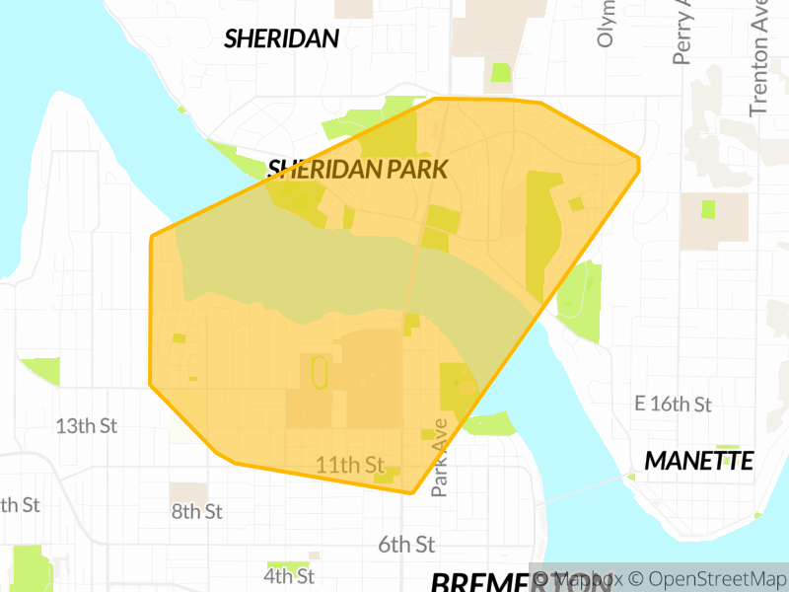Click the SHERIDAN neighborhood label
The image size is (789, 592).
click(282, 39)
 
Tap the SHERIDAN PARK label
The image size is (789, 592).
click(358, 169)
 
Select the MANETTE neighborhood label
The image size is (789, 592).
click(699, 461)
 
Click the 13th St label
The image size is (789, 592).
click(87, 426)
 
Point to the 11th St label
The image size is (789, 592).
click(350, 464)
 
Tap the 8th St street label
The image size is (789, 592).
click(197, 511)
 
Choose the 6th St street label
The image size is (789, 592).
click(406, 545)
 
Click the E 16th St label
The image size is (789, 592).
click(674, 405)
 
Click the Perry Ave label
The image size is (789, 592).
click(682, 32)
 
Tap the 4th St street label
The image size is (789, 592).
click(289, 575)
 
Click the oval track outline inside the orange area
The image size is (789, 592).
click(319, 373)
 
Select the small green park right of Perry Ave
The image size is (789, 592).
click(708, 209)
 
